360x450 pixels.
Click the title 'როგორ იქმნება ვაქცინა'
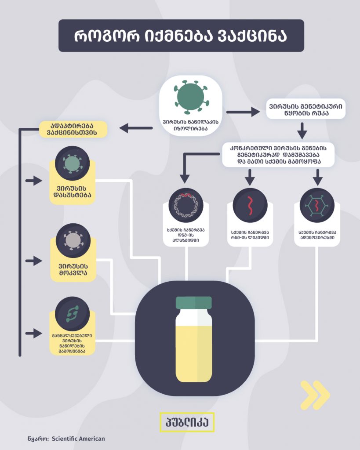coord(181,36)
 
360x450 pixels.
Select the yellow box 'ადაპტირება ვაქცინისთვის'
coord(73,129)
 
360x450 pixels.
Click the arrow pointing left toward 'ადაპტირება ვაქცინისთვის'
coord(136,128)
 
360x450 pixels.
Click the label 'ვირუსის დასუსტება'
coord(73,192)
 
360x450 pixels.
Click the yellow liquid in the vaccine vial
coord(193,352)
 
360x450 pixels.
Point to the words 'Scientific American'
coord(78,439)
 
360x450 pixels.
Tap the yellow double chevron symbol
coord(315,395)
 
